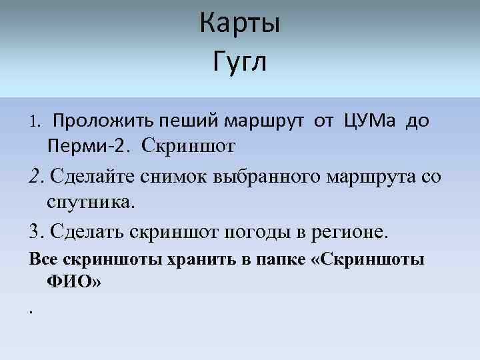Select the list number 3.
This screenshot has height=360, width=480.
point(35,233)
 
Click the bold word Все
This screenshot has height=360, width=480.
point(42,259)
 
